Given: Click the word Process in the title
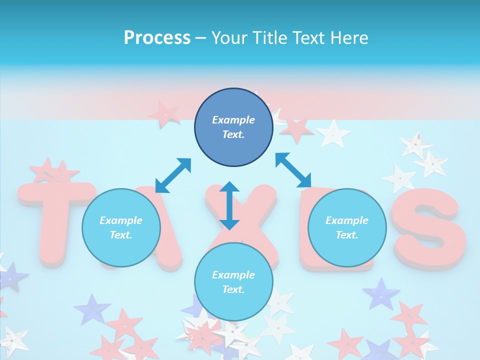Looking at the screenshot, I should coord(157,37).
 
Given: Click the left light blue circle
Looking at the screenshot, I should coord(121,227).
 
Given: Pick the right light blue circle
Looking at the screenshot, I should coord(347,227).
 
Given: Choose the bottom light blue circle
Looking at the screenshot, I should coord(233,282).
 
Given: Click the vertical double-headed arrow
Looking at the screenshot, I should coord(229,205).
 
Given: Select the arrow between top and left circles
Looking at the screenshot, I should coord(173,175).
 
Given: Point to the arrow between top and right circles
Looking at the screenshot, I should coord(293,170).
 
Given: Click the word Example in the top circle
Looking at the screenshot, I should coord(233,120).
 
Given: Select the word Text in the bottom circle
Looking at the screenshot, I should coord(233,289).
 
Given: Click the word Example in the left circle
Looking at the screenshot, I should coord(121,220).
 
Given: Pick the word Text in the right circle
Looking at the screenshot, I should coord(347,235).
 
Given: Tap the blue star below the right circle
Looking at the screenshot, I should coord(381,294).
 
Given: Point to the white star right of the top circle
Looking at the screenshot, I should coord(334,133).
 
